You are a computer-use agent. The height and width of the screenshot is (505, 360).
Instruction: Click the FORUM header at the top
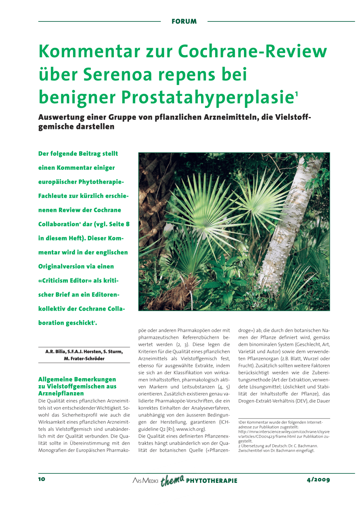click(184, 21)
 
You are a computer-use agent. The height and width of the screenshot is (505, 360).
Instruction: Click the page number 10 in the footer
click(42, 479)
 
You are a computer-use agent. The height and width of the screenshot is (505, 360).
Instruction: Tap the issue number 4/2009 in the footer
click(318, 480)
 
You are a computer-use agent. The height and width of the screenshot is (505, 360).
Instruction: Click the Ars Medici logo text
click(145, 480)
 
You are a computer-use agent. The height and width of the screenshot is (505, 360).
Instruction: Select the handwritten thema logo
click(172, 480)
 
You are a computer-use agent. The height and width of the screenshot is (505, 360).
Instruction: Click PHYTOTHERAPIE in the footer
click(212, 481)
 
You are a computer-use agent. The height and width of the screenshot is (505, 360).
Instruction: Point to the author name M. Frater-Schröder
click(84, 359)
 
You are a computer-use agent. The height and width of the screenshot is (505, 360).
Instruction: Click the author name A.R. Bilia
click(55, 352)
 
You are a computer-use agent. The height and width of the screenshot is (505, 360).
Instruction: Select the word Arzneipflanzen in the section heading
click(61, 394)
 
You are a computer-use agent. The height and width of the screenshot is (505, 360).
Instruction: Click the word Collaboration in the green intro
click(58, 224)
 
